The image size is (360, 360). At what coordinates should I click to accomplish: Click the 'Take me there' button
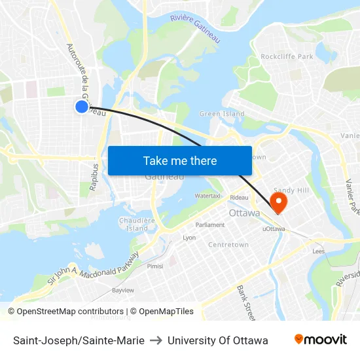click(180, 160)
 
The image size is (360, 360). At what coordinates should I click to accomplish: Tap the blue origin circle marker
click(82, 107)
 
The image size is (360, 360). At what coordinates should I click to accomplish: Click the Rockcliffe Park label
click(287, 57)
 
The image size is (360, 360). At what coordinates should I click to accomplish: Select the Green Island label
click(222, 114)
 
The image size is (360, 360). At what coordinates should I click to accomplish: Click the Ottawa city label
click(244, 213)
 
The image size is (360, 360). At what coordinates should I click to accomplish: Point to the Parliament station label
click(210, 225)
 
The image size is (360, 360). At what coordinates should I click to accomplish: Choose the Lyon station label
click(189, 238)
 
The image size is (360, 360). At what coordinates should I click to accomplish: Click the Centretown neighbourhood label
click(228, 245)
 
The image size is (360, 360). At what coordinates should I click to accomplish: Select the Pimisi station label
click(155, 266)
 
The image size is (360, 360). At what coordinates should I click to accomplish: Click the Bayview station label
click(122, 289)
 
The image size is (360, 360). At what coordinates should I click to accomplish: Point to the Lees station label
click(319, 251)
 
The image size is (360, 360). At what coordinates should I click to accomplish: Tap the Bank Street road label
click(247, 298)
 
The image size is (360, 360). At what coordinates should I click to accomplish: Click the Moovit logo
click(320, 340)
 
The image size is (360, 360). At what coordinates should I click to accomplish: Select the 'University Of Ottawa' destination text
click(217, 340)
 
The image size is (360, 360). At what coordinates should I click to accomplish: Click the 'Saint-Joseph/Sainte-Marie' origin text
click(79, 340)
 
